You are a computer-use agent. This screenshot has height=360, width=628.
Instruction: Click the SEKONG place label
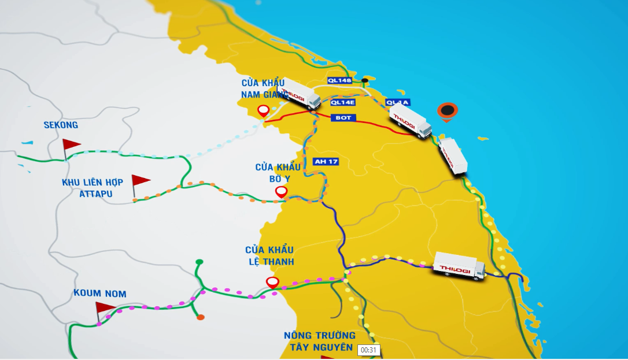pyautogui.click(x=61, y=125)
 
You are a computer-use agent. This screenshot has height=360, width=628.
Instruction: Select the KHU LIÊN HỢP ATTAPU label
pyautogui.click(x=93, y=188)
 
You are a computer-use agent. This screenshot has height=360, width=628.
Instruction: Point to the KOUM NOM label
pyautogui.click(x=99, y=294)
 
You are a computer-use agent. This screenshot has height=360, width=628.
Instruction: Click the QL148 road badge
pyautogui.click(x=339, y=80)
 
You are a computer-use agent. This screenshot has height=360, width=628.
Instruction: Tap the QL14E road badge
pyautogui.click(x=343, y=102)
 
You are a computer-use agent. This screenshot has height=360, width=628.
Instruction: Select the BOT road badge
pyautogui.click(x=343, y=118)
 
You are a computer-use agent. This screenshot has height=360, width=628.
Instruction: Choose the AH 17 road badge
pyautogui.click(x=326, y=162)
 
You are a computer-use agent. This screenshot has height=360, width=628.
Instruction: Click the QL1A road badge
pyautogui.click(x=398, y=102)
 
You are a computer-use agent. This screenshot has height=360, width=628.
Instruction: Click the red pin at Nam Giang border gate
pyautogui.click(x=263, y=111)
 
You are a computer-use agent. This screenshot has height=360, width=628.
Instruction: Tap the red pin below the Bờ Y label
pyautogui.click(x=282, y=192)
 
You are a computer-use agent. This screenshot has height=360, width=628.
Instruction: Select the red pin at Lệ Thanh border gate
pyautogui.click(x=273, y=283)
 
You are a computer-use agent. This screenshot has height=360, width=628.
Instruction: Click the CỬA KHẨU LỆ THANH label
pyautogui.click(x=269, y=255)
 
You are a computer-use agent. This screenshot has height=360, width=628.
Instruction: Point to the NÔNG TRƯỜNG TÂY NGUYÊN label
pyautogui.click(x=320, y=341)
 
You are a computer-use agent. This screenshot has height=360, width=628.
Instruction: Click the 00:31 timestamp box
pyautogui.click(x=368, y=350)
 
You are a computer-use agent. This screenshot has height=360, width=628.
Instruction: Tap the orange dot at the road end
pyautogui.click(x=201, y=317)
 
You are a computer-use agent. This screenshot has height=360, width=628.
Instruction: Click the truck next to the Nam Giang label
pyautogui.click(x=299, y=94)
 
